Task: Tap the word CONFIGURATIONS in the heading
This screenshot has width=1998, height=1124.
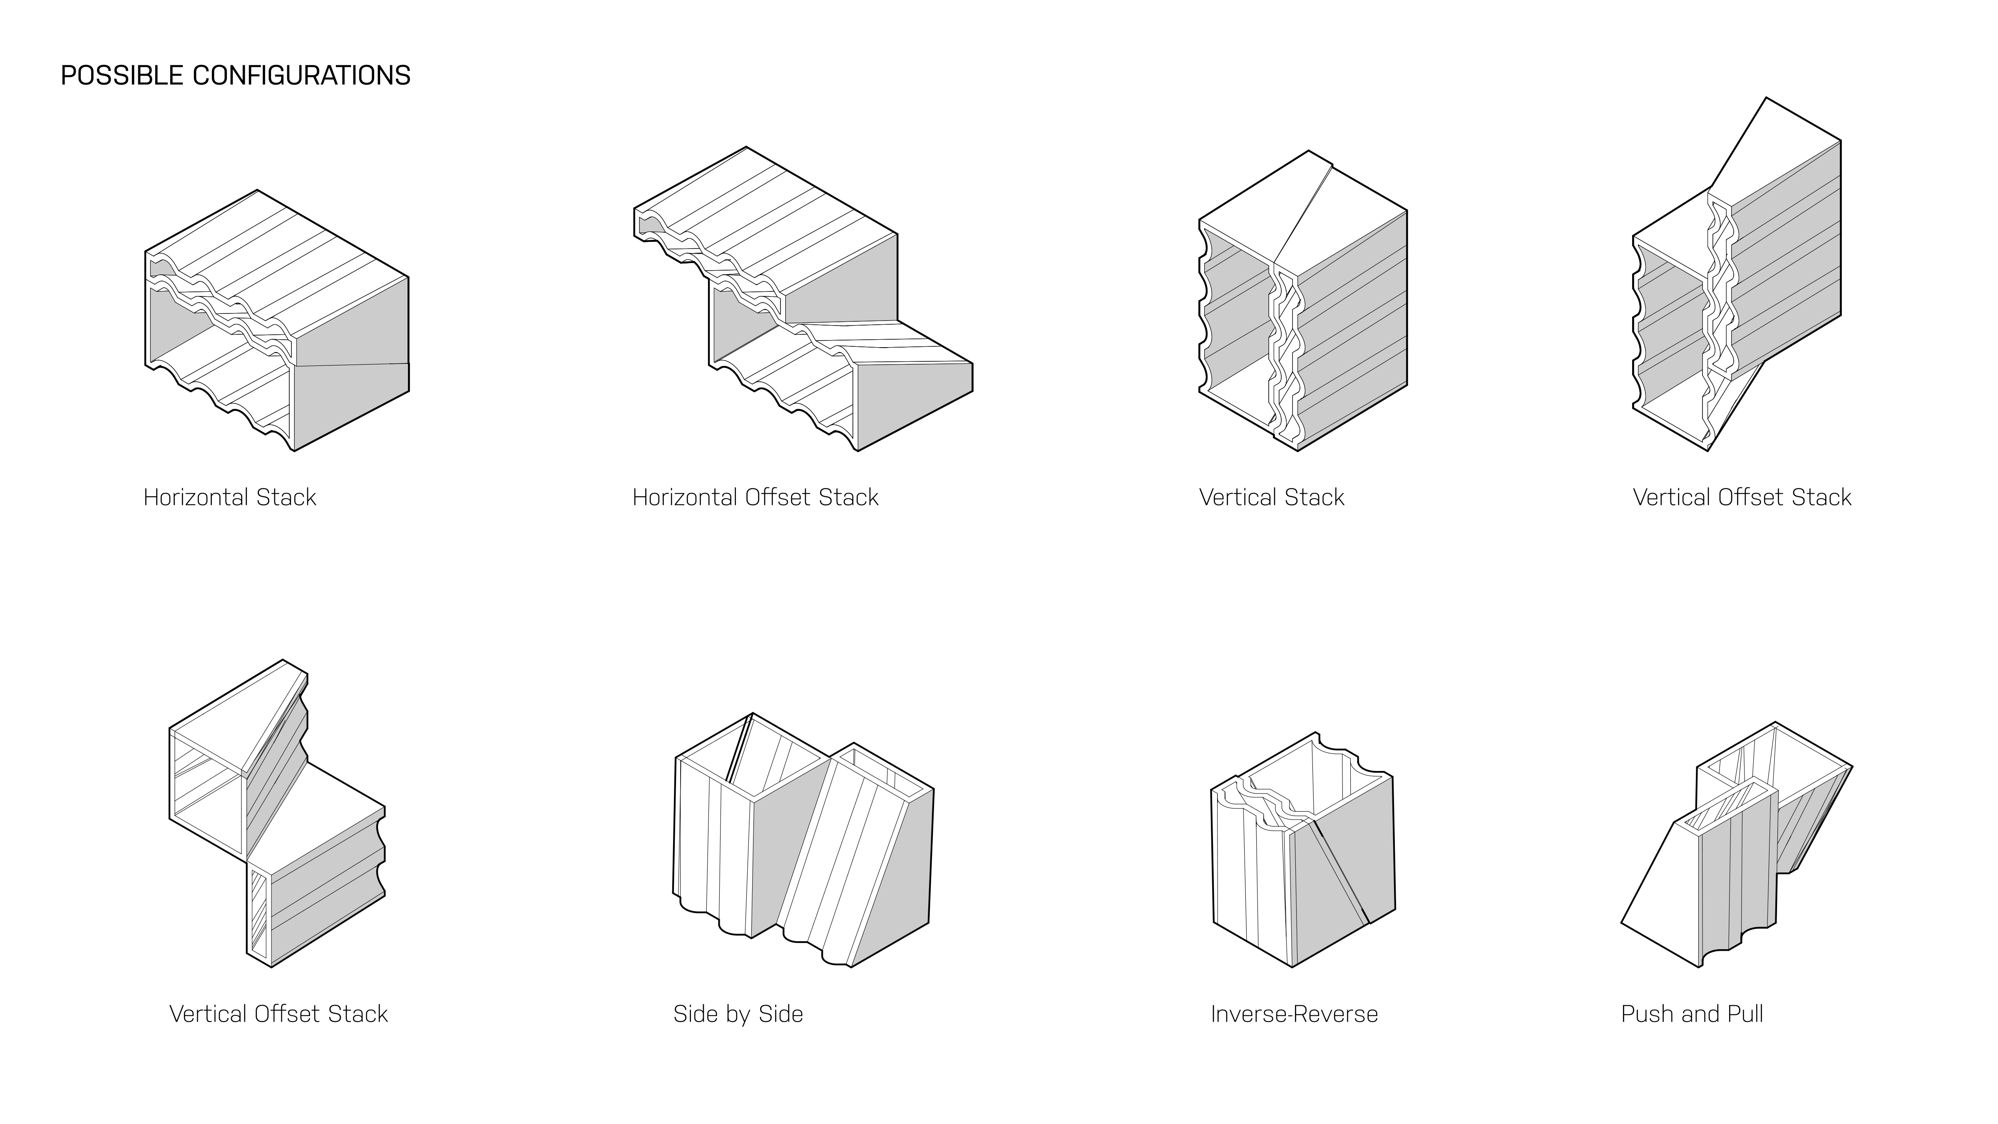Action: coord(302,75)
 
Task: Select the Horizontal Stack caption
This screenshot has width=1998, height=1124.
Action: coord(230,497)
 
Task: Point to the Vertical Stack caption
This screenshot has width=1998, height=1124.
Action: coord(1271,497)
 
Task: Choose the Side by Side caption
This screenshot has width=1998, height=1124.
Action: coord(738,1014)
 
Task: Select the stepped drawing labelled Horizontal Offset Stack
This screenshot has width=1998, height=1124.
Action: coord(803,298)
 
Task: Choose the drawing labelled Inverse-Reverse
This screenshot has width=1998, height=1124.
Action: coord(1303,849)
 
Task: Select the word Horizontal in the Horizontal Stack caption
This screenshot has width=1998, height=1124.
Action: coord(196,497)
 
